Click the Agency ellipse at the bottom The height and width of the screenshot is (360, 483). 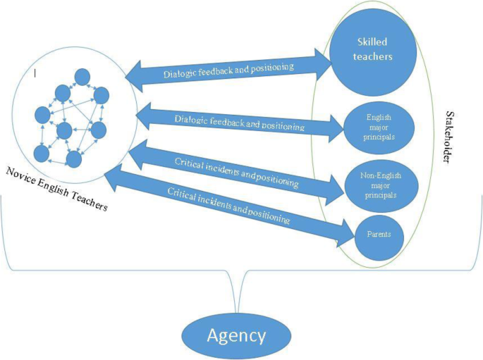pyautogui.click(x=236, y=335)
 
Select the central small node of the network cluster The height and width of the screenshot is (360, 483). pyautogui.click(x=65, y=130)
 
